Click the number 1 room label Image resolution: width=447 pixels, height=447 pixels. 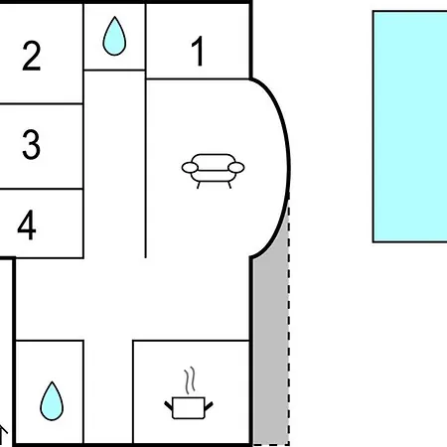point(198,51)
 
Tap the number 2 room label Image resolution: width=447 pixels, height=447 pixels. point(32,56)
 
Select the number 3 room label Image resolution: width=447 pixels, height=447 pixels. point(32,144)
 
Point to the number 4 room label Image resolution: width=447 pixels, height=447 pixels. point(27,224)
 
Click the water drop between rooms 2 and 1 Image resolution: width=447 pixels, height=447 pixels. point(114,36)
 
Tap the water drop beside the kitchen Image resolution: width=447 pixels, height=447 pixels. point(52,401)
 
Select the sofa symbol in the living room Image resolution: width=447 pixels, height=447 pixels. point(213,171)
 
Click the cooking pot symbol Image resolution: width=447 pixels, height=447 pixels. point(189,408)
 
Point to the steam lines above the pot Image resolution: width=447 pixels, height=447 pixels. point(190,380)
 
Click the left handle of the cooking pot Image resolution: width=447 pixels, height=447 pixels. point(169,406)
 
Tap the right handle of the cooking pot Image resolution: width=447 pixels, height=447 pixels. point(209,406)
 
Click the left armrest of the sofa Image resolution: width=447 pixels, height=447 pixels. point(190,168)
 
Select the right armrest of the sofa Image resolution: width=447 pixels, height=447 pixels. point(236,168)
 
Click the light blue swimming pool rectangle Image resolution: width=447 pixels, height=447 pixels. point(410,126)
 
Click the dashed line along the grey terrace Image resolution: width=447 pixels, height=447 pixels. point(289,321)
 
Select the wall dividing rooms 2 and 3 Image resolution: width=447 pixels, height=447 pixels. point(42,104)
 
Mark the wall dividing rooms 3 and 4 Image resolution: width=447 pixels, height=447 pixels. point(42,189)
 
